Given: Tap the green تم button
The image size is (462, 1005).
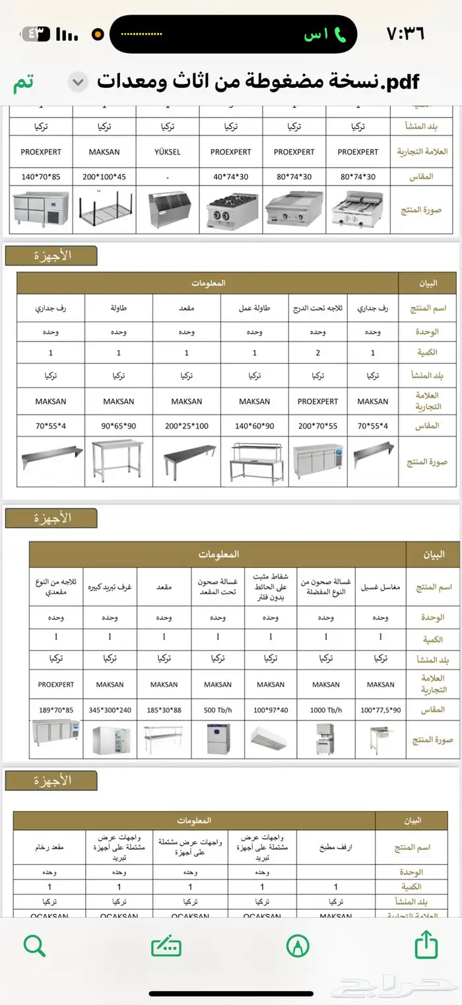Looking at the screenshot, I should click(x=22, y=83).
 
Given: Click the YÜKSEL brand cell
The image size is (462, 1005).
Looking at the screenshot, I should click(x=168, y=152).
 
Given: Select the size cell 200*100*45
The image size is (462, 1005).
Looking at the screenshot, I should click(x=104, y=176).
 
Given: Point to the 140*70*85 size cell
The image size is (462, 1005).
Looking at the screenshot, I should click(x=41, y=176).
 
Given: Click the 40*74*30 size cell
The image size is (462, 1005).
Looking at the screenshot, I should click(x=231, y=176).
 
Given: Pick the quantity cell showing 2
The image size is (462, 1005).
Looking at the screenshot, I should click(x=317, y=353).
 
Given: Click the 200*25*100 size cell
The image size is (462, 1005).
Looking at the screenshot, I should click(x=187, y=426).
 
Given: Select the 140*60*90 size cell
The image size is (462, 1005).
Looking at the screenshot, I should click(x=254, y=426).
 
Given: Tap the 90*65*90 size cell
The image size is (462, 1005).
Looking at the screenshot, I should click(x=119, y=426).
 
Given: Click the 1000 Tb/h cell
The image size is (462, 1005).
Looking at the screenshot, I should click(x=325, y=710).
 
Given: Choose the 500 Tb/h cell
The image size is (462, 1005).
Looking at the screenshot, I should click(x=218, y=710).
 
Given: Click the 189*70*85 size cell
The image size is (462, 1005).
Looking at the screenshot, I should click(x=56, y=710).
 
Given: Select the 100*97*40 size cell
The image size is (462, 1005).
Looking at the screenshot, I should click(x=271, y=710).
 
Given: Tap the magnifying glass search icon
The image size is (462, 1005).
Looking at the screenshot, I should click(x=34, y=946).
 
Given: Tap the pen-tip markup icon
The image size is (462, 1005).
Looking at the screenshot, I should click(x=298, y=946).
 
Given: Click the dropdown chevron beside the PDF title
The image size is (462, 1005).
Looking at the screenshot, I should click(x=79, y=83).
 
